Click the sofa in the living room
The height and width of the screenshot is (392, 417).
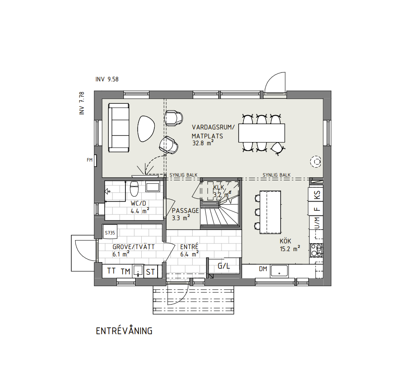(119, 128)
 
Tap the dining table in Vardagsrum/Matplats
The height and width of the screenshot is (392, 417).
(262, 133)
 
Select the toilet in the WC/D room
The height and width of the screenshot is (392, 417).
(134, 188)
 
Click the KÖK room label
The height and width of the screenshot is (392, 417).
(285, 241)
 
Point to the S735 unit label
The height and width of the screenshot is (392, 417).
(110, 233)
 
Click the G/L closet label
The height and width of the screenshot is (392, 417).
(224, 266)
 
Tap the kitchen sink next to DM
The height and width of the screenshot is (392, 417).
(279, 271)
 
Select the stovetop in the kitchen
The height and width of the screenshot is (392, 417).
(316, 250)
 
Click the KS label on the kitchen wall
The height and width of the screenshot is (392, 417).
(317, 195)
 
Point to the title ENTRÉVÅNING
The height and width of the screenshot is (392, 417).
(124, 331)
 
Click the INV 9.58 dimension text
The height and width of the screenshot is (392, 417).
(107, 79)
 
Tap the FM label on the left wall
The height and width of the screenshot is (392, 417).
(90, 160)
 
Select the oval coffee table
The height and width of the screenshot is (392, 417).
(146, 129)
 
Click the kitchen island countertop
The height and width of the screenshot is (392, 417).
(270, 212)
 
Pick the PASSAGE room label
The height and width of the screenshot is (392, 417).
(185, 211)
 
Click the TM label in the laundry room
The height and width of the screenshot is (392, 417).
(125, 272)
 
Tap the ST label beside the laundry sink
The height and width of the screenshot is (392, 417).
(150, 272)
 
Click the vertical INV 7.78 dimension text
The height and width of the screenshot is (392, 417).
(81, 103)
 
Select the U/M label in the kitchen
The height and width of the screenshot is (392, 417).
(317, 223)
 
